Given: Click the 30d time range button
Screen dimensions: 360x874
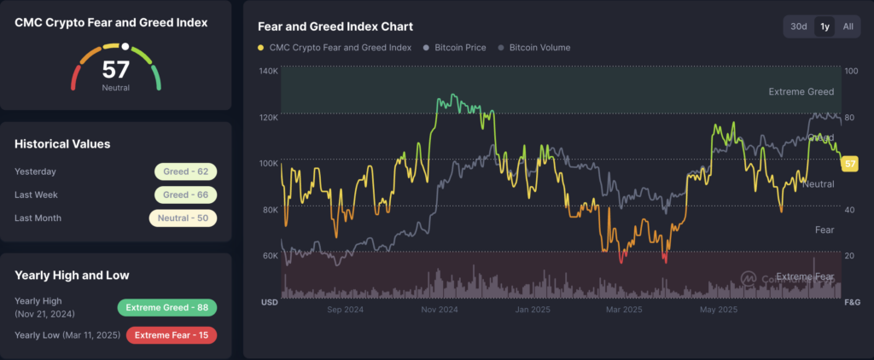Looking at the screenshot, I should coord(799,26).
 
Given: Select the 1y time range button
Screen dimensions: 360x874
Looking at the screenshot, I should coord(824,26).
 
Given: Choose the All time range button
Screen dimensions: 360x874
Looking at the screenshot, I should coord(848,26).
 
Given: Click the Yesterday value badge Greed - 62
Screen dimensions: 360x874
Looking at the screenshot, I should coord(186,171).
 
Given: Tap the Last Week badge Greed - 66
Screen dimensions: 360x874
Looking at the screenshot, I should coord(186,195).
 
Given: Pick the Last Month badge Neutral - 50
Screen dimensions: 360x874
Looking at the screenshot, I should coord(183,218).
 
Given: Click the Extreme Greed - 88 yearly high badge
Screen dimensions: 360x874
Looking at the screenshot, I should coord(166,307).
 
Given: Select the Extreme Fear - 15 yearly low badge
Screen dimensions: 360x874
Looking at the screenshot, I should coord(171,334).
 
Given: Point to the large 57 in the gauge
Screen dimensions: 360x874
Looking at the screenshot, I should coord(115,70).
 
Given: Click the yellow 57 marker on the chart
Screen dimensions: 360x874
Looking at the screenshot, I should coord(849,164).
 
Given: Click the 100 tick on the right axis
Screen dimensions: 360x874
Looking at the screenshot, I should coord(850,71).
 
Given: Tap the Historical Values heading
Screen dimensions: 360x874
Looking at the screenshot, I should coord(62,144).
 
